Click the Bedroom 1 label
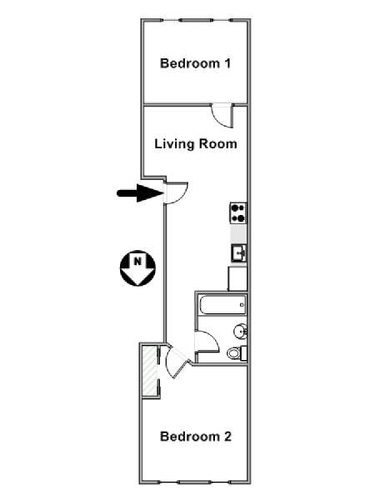pyautogui.click(x=195, y=63)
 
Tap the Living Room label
pyautogui.click(x=196, y=144)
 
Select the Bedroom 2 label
pyautogui.click(x=196, y=436)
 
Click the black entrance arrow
pyautogui.click(x=140, y=193)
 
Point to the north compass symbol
pyautogui.click(x=137, y=267)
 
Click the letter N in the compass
pyautogui.click(x=137, y=262)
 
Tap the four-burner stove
pyautogui.click(x=238, y=213)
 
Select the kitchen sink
pyautogui.click(x=239, y=253)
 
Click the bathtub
pyautogui.click(x=222, y=305)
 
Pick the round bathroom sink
pyautogui.click(x=241, y=332)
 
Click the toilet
pyautogui.click(x=237, y=353)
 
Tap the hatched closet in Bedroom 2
pyautogui.click(x=150, y=371)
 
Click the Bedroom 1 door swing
pyautogui.click(x=223, y=117)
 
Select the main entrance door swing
pyautogui.click(x=177, y=193)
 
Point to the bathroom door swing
pyautogui.click(x=207, y=342)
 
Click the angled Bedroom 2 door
pyautogui.click(x=178, y=362)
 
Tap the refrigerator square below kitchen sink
pyautogui.click(x=237, y=278)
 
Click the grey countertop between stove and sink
pyautogui.click(x=238, y=233)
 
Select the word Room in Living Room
pyautogui.click(x=218, y=144)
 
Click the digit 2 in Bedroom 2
pyautogui.click(x=227, y=436)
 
